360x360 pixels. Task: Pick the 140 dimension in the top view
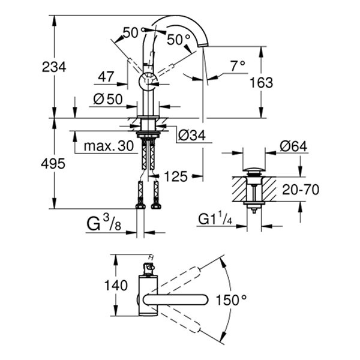click(97, 284)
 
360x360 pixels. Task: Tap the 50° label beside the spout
click(178, 40)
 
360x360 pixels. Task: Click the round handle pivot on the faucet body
click(148, 80)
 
